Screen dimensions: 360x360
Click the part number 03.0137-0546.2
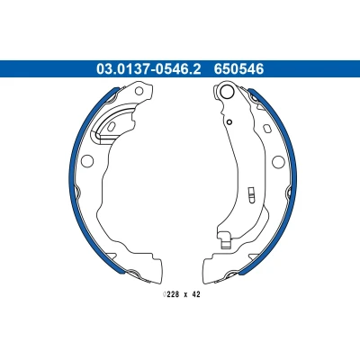(x=148, y=69)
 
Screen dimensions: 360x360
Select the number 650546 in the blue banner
(x=238, y=69)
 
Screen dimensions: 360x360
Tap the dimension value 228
(x=173, y=294)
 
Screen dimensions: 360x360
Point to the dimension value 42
(x=196, y=294)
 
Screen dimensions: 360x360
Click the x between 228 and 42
(x=185, y=295)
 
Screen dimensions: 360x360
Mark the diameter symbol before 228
(x=165, y=294)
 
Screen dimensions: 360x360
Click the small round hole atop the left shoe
(x=139, y=91)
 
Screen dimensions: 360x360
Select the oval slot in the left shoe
(x=111, y=126)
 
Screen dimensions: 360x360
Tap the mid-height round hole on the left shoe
(x=87, y=161)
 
